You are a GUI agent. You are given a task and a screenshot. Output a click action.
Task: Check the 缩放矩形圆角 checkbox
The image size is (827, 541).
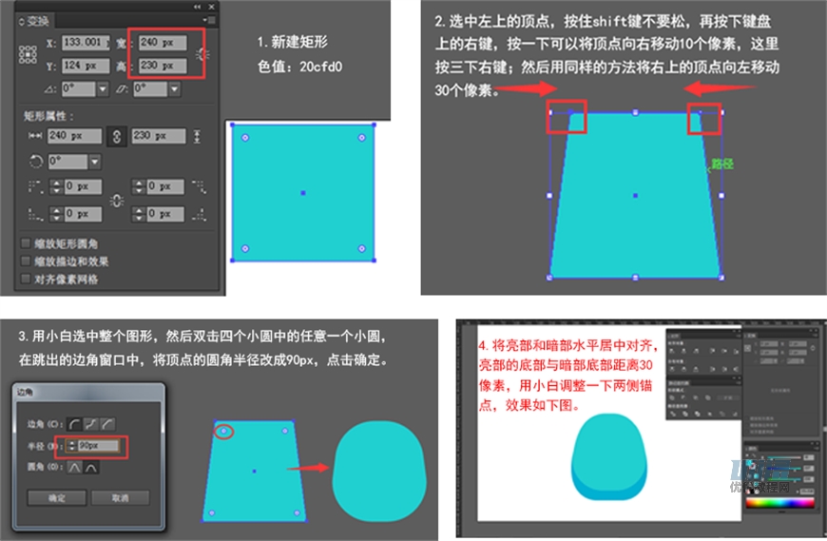click(26, 243)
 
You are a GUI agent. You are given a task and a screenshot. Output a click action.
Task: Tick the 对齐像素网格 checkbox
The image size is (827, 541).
click(26, 279)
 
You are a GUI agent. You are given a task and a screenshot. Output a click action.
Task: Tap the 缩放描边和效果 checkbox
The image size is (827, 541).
click(26, 261)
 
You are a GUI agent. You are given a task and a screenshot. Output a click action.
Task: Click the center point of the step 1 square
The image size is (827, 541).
click(303, 193)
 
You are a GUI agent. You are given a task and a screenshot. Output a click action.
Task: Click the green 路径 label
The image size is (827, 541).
click(723, 164)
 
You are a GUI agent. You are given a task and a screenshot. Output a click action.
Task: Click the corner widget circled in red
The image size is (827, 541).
click(223, 431)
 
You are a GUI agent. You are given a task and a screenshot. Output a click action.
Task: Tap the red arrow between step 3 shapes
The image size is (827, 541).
click(309, 467)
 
